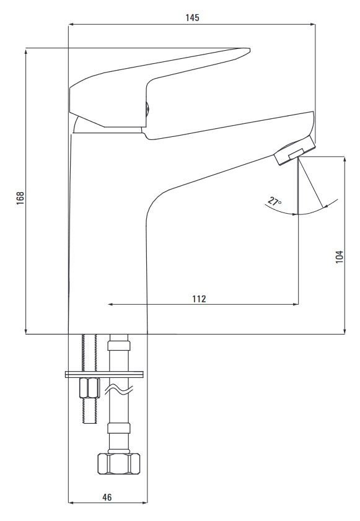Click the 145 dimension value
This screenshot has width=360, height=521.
[192, 17]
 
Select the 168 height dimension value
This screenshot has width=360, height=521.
[20, 198]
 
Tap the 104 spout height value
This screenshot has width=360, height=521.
[339, 257]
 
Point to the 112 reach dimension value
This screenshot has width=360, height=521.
[199, 299]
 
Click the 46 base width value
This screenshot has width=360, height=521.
[107, 497]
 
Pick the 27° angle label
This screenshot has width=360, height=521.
[274, 202]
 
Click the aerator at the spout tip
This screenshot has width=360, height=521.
[294, 150]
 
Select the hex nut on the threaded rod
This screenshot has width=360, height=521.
[89, 388]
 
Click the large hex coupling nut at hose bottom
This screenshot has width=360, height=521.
[119, 463]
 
